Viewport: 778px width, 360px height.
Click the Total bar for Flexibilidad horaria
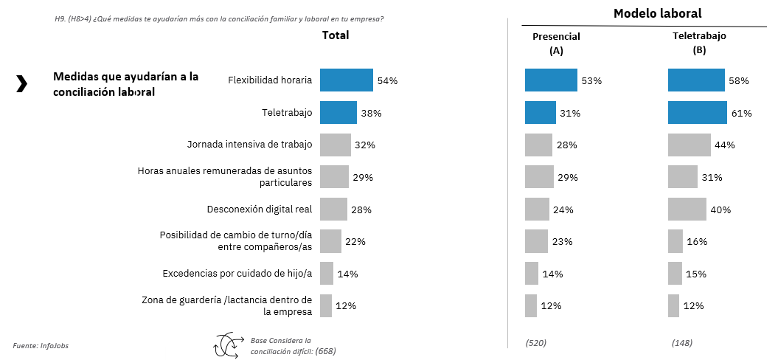346,80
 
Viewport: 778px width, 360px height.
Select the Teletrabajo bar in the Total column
338,113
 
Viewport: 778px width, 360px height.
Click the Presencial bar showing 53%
551,80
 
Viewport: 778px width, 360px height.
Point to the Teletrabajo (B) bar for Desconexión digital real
687,210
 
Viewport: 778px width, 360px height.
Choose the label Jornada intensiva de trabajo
249,145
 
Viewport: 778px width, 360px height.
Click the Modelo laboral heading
657,13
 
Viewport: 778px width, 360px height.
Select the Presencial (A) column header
556,44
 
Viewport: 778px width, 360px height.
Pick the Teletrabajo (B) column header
699,44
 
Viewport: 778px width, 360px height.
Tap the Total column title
336,35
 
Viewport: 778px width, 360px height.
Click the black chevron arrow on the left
21,84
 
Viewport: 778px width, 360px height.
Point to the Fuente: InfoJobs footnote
41,345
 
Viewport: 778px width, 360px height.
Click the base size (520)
535,343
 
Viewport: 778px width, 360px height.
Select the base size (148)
682,343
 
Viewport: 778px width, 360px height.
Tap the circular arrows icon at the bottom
227,345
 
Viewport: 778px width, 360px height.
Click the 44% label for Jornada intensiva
725,145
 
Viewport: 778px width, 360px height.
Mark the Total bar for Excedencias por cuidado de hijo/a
326,274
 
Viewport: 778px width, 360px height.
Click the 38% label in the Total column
371,113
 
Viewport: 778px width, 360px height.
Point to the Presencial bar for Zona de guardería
530,305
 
